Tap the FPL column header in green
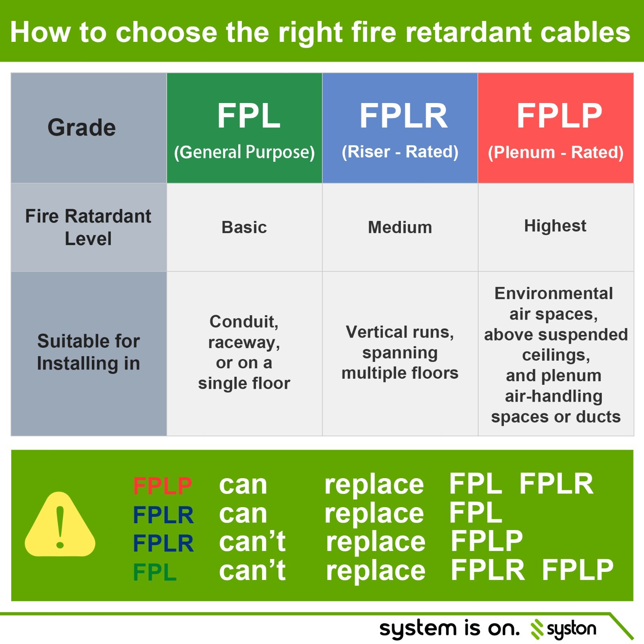244,128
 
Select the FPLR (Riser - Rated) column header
400,128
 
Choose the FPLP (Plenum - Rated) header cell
556,128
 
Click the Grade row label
82,128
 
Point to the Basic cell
244,227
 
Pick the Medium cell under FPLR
400,227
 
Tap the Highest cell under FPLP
555,226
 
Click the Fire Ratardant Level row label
88,227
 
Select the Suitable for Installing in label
89,352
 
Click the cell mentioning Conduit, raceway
244,352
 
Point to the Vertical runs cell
400,353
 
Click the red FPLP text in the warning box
163,486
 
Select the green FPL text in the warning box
155,572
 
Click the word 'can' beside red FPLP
243,485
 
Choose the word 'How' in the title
40,32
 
